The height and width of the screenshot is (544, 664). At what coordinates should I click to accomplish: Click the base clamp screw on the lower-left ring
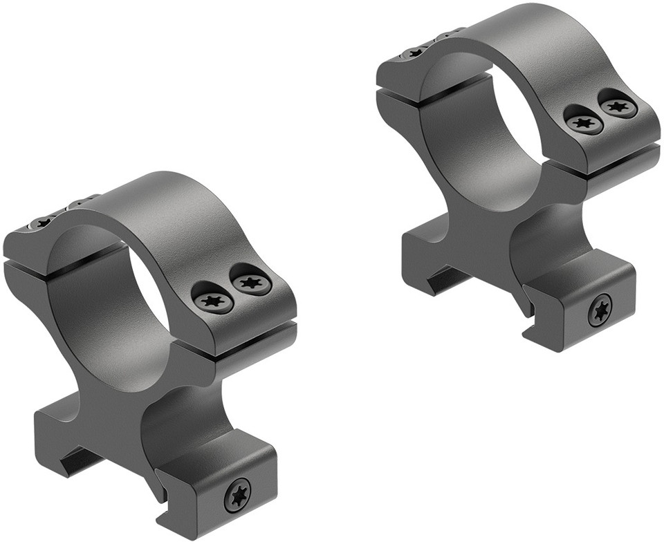[237, 494]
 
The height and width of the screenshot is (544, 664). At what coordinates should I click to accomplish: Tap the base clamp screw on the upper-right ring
[600, 309]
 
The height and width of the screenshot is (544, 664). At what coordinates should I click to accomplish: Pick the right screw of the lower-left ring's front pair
[251, 282]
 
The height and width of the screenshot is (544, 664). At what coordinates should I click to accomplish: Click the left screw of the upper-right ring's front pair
[584, 124]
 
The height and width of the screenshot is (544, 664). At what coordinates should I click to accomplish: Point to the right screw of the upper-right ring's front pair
[618, 106]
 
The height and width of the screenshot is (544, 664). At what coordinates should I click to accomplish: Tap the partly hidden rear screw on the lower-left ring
[43, 223]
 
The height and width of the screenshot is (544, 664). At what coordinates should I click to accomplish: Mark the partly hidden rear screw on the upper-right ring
[416, 52]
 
